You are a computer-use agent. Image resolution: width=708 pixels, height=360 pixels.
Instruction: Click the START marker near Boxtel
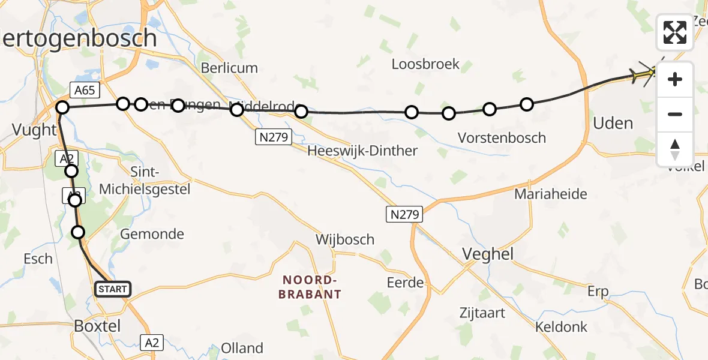(112, 289)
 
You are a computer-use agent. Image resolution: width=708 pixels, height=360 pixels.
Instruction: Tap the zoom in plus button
(675, 79)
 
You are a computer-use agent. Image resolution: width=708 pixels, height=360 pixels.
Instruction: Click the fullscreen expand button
(675, 32)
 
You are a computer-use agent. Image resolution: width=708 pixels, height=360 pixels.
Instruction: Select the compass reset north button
(675, 149)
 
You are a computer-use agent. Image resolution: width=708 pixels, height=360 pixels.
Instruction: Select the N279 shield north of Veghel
(404, 214)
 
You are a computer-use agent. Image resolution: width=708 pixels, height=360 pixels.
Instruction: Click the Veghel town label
(488, 254)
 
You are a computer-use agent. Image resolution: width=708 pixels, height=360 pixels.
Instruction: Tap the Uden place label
(613, 124)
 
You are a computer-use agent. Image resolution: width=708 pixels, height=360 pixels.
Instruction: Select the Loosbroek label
(425, 64)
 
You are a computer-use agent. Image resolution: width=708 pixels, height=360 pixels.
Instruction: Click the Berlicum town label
(229, 68)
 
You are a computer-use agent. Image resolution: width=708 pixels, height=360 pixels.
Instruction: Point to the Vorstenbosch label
(502, 138)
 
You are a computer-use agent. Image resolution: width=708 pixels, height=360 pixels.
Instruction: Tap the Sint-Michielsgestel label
(144, 181)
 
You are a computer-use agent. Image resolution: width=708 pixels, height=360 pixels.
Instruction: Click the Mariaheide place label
(550, 194)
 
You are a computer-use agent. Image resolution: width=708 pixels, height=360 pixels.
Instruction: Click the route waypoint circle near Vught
(62, 108)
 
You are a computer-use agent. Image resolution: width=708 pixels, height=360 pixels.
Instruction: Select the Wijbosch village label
(345, 240)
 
